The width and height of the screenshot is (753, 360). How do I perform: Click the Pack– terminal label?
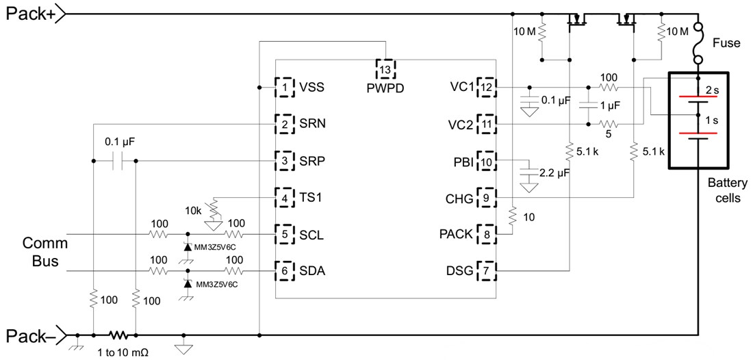pyautogui.click(x=30, y=335)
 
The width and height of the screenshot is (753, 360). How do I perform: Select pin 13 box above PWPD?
pyautogui.click(x=386, y=69)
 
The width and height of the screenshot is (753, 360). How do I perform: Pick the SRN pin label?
pyautogui.click(x=313, y=125)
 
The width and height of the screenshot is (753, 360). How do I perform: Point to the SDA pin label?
pyautogui.click(x=312, y=271)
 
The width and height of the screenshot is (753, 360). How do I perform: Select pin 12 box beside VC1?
pyautogui.click(x=486, y=88)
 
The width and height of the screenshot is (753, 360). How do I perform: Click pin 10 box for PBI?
pyautogui.click(x=486, y=161)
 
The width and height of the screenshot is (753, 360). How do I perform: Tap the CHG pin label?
pyautogui.click(x=459, y=198)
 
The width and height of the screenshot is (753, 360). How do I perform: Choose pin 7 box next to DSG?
pyautogui.click(x=486, y=271)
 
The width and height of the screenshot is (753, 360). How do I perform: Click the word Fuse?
pyautogui.click(x=726, y=42)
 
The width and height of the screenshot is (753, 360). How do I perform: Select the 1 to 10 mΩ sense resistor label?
pyautogui.click(x=120, y=352)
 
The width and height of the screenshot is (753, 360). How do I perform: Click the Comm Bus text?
pyautogui.click(x=41, y=252)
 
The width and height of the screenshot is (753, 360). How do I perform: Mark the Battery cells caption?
pyautogui.click(x=725, y=190)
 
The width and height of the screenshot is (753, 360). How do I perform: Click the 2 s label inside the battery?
pyautogui.click(x=712, y=90)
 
